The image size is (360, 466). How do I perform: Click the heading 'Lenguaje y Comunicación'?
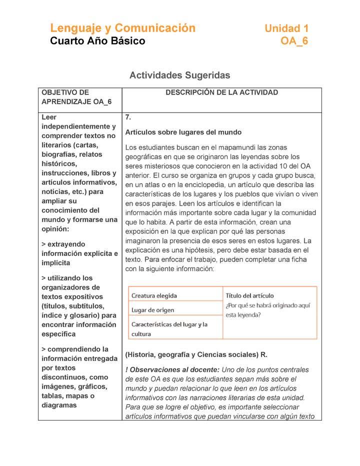coord(122,28)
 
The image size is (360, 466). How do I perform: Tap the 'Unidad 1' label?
coord(286,28)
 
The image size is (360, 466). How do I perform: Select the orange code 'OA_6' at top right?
coord(294,41)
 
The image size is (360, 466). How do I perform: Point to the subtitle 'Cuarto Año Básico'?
coord(97,41)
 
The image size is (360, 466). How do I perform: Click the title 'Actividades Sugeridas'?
coord(179,75)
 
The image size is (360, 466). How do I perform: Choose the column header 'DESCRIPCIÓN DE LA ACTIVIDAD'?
coord(221,92)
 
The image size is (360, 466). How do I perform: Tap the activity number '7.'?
coord(128,117)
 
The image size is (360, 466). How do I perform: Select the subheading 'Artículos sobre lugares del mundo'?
coord(183,132)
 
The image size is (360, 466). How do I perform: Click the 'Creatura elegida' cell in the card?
coord(154,295)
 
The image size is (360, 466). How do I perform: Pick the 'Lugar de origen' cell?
coord(152,310)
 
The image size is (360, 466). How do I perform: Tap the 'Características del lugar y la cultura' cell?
coord(169,329)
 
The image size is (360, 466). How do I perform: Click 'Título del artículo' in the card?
coord(249,295)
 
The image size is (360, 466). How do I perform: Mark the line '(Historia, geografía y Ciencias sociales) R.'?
coord(196,354)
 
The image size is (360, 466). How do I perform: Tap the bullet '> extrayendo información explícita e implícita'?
coord(79,253)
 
